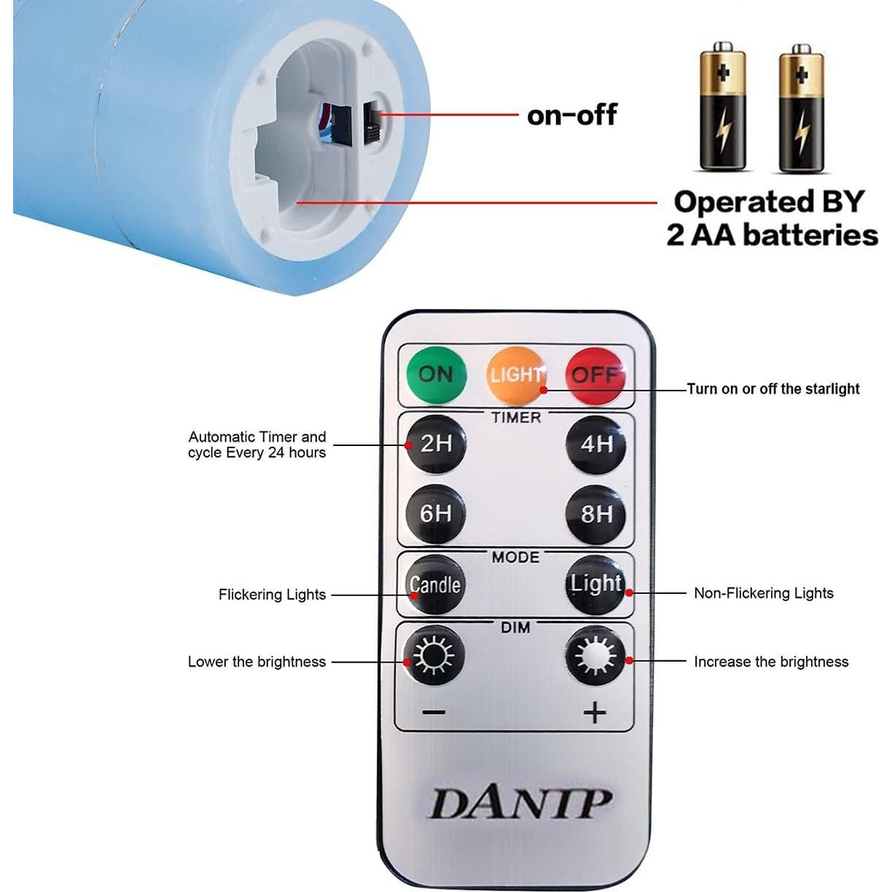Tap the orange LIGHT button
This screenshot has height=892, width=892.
[x=516, y=375]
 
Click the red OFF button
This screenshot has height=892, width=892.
[x=595, y=375]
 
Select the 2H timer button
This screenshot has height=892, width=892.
[x=435, y=443]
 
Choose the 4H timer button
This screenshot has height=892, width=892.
[x=596, y=444]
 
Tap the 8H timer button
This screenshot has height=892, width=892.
[x=596, y=514]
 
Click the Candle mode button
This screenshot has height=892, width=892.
[x=435, y=584]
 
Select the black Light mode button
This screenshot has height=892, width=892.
[x=596, y=584]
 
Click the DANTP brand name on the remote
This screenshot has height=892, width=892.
[x=519, y=804]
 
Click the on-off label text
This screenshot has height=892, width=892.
[x=571, y=115]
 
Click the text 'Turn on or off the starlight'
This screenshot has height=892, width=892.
[x=773, y=389]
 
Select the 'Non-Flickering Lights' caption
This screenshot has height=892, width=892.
[x=763, y=593]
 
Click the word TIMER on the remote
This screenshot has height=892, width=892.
[x=516, y=418]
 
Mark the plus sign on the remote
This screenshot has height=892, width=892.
[x=595, y=712]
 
